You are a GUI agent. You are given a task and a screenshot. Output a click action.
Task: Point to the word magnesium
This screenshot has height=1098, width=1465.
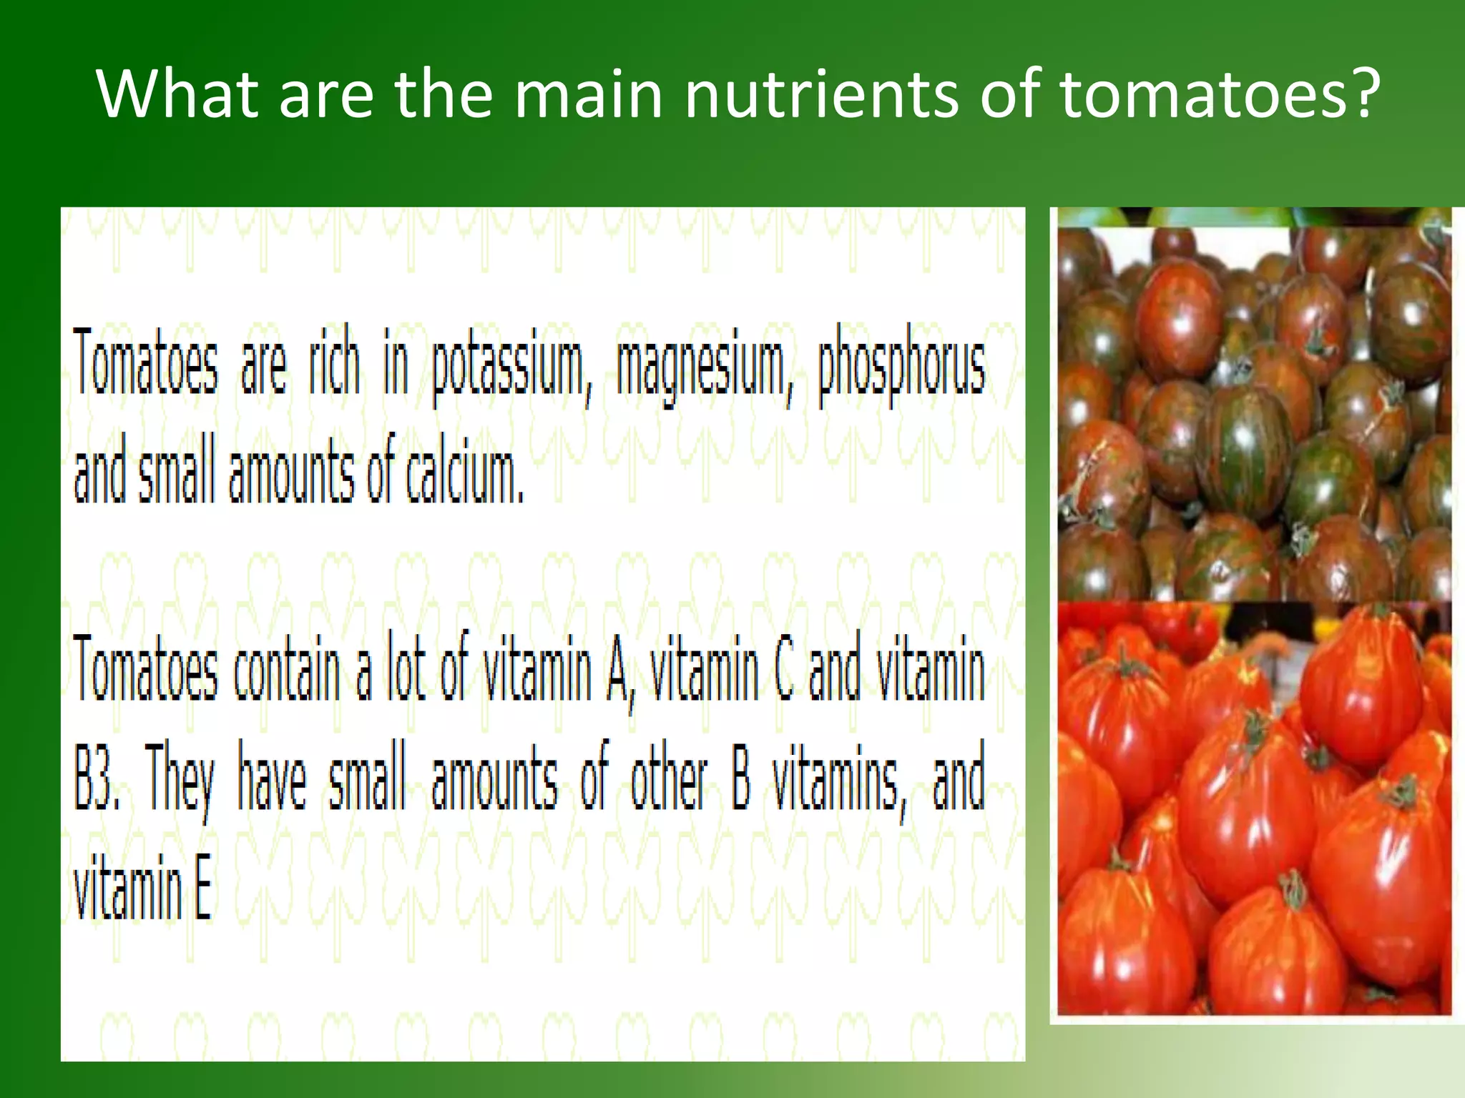pos(705,368)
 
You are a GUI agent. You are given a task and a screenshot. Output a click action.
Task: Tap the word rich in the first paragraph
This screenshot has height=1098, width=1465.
pos(333,361)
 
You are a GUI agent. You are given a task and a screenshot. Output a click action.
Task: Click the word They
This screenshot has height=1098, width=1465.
pos(180,781)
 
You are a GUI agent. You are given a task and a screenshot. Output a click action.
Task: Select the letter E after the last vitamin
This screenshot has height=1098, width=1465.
pos(203,889)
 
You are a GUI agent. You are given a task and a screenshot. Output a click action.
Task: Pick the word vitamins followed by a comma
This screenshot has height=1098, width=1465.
pos(838,781)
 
